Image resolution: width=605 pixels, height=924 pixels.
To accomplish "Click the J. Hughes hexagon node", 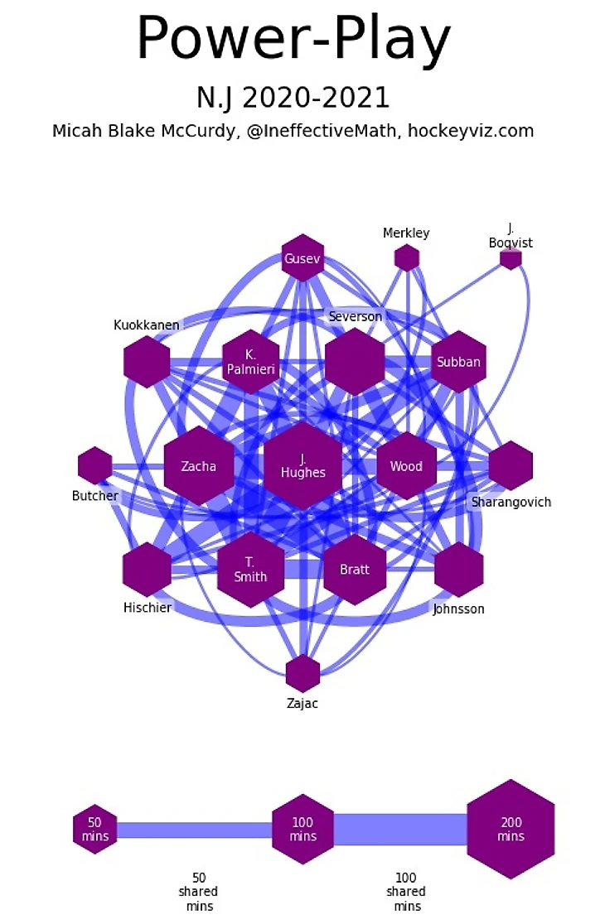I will pos(302,466).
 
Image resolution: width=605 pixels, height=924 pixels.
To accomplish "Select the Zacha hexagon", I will pos(199,466).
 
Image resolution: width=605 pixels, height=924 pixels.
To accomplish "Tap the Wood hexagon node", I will pos(406,466).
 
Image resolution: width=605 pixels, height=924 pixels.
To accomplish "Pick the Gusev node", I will pos(302,258).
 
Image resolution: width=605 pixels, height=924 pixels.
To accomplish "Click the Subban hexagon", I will pos(458,362).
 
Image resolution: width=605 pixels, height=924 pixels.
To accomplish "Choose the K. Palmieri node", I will pos(251,362).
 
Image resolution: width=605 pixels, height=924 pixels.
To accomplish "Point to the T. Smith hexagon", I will pos(250,570).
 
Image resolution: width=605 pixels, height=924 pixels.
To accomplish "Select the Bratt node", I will pos(355,570).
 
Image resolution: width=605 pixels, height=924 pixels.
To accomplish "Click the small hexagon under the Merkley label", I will pos(406,258).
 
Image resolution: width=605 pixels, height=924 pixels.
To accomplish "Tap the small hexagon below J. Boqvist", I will pos(511,259).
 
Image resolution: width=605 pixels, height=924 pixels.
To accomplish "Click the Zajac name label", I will pos(302,704).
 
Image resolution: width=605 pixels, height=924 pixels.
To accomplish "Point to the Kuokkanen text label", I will pos(147,325).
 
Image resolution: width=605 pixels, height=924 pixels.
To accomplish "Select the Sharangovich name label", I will pos(511,502).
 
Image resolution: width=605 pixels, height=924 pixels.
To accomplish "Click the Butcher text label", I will pos(95,496).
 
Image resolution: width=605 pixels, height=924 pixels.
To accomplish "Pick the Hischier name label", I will pos(148,608).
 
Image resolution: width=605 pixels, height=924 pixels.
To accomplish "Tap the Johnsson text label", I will pos(458,609).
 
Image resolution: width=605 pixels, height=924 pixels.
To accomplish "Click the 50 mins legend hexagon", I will pos(95,829).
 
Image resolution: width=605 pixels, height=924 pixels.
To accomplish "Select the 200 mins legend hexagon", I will pos(511,829).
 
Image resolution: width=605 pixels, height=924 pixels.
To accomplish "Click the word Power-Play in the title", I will pos(293,39).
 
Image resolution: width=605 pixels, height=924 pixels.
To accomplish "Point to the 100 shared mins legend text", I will pos(406,891).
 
